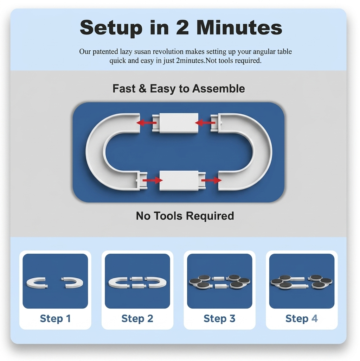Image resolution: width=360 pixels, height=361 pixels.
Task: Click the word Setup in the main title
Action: (x=110, y=28)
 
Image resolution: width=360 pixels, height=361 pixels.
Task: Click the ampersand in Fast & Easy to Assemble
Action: (x=142, y=89)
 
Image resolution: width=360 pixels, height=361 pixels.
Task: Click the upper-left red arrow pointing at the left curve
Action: (x=147, y=123)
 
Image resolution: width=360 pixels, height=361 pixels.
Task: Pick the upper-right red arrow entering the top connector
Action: (x=205, y=123)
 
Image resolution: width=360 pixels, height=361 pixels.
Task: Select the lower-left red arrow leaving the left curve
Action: (x=153, y=180)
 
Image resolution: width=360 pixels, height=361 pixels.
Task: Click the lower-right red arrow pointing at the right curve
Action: (x=211, y=180)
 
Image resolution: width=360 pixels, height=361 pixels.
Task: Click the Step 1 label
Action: (x=55, y=319)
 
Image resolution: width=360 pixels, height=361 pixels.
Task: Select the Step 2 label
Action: (x=137, y=319)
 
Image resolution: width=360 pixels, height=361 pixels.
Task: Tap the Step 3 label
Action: (x=219, y=319)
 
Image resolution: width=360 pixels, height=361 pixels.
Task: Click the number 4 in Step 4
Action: (x=314, y=319)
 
